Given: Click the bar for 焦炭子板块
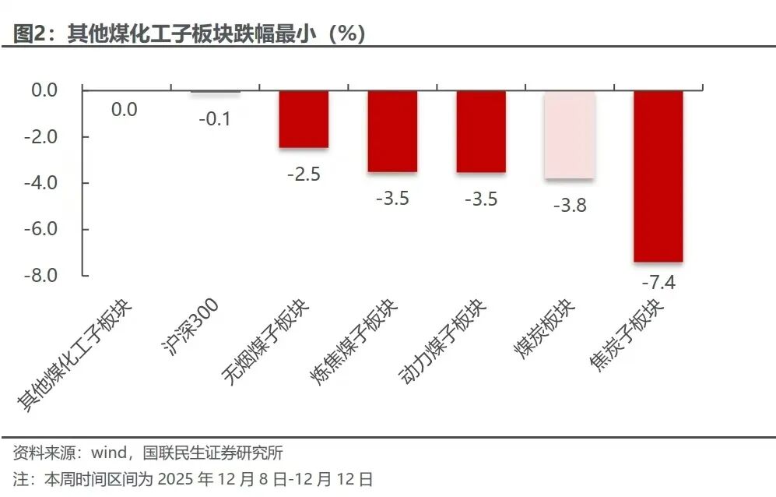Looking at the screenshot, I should point(658,176).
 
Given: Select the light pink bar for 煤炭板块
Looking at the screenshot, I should point(569,135).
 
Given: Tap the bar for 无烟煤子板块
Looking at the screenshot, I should point(304,119).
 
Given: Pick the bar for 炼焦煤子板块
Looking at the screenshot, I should point(392,131).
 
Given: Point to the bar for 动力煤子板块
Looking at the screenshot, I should point(481,131).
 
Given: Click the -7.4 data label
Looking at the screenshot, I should point(658,282).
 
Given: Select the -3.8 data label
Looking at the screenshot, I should point(569,206).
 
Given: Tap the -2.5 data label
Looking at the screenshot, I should point(304,174).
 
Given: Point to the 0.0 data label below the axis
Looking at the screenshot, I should point(124,110).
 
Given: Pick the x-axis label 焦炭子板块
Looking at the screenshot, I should point(627,335).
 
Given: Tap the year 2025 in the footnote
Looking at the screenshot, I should point(184,478).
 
